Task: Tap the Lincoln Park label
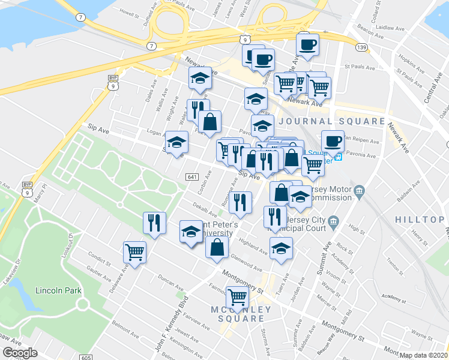click(58, 290)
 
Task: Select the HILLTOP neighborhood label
click(420, 220)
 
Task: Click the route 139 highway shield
click(362, 47)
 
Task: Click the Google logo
click(20, 353)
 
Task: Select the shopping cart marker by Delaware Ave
click(135, 251)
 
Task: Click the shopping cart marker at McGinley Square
click(238, 296)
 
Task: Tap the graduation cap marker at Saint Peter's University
click(191, 232)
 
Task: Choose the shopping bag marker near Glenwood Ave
click(217, 247)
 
